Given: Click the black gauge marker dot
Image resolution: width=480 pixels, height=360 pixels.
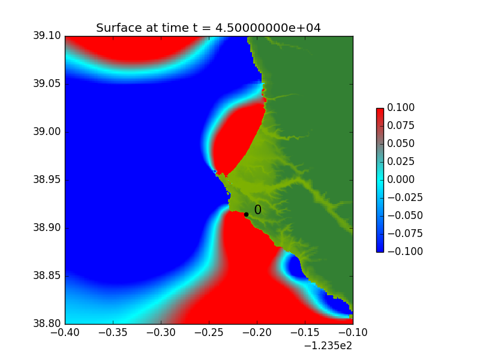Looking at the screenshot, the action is tap(246, 215).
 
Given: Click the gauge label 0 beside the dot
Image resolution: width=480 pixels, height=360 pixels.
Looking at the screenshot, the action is tap(258, 209).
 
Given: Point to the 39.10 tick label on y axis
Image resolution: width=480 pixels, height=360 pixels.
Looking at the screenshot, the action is tap(47, 36).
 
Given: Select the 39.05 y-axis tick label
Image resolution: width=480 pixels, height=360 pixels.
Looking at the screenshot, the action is tap(47, 84).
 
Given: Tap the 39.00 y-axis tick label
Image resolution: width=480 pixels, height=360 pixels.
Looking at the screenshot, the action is tap(47, 132).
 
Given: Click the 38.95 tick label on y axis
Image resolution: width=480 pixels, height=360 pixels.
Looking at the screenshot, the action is tap(47, 179).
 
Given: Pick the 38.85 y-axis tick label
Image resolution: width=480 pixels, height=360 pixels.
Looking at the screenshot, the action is tap(47, 276).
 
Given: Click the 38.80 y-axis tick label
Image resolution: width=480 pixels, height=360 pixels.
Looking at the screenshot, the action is tap(47, 323).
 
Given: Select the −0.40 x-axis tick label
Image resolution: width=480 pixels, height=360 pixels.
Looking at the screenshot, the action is tap(65, 332).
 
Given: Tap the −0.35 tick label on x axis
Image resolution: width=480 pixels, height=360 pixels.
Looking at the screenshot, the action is tap(113, 332).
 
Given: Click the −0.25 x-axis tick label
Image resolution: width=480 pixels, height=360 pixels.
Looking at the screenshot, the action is tap(209, 332).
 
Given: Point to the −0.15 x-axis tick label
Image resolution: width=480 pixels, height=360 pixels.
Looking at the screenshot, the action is tap(305, 332).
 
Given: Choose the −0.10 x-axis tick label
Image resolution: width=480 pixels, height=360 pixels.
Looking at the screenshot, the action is tap(353, 332).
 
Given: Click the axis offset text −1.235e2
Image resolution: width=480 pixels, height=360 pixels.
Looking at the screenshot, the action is tap(328, 346).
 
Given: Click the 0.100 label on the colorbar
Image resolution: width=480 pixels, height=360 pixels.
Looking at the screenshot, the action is tap(401, 107).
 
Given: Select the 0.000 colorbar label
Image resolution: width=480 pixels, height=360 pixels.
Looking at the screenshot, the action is tap(401, 179).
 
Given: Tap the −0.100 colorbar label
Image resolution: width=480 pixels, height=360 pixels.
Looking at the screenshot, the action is tap(405, 251).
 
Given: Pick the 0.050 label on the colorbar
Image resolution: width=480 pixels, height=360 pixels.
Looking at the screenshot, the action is tap(401, 143).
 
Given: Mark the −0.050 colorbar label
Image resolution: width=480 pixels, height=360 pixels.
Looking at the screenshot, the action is tap(405, 215).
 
